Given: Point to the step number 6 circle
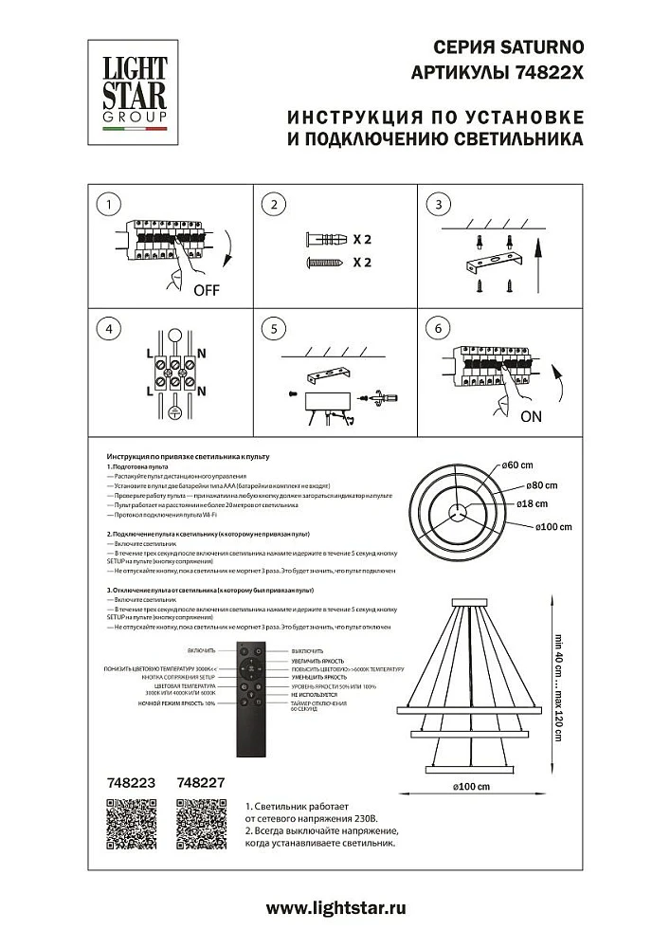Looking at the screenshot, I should pyautogui.click(x=437, y=329).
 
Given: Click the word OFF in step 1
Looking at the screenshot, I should pyautogui.click(x=206, y=291).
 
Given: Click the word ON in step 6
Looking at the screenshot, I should pyautogui.click(x=531, y=415).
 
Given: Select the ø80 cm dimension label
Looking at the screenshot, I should pyautogui.click(x=542, y=485).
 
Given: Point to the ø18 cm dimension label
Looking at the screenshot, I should pyautogui.click(x=542, y=505).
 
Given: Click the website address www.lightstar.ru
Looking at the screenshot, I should pyautogui.click(x=335, y=908).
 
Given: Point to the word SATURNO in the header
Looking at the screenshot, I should pyautogui.click(x=543, y=46).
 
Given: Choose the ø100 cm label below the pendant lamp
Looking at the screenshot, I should pyautogui.click(x=471, y=786).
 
